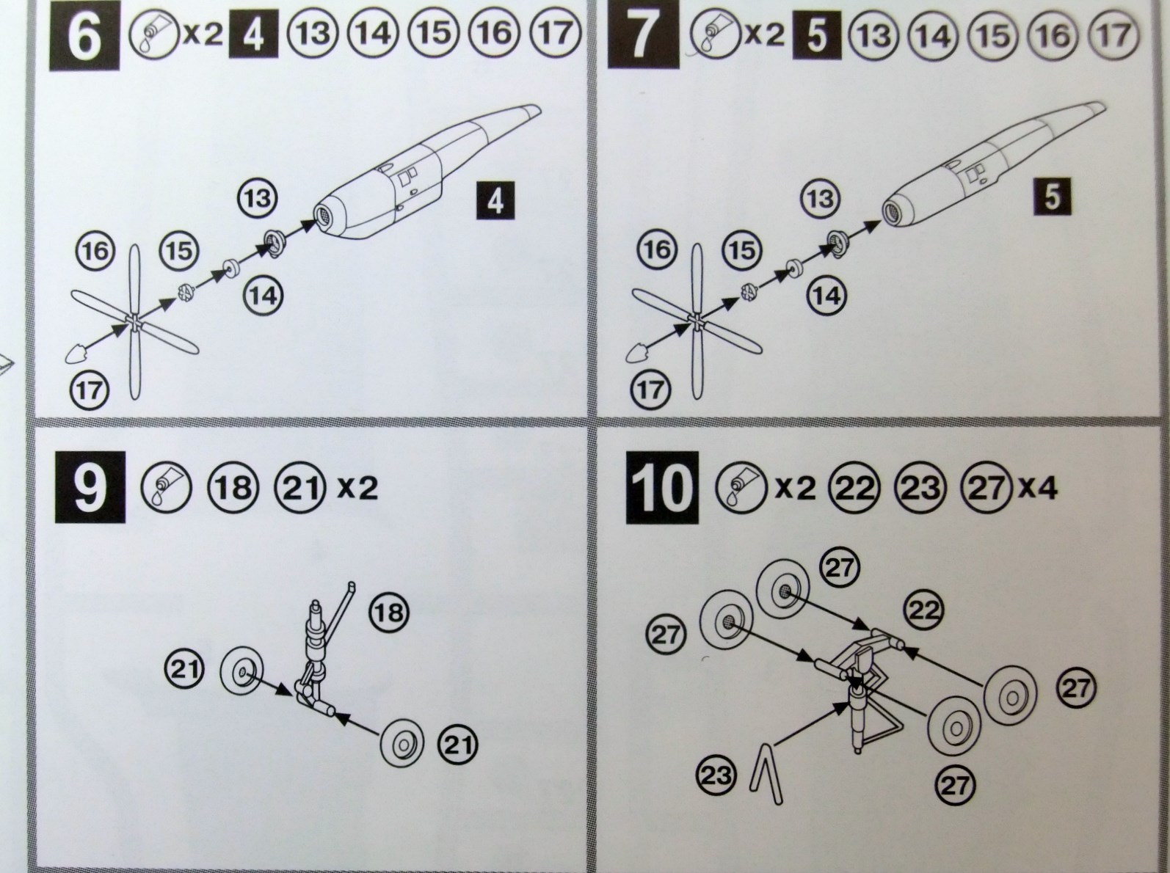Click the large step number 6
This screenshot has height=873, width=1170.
click(x=84, y=36)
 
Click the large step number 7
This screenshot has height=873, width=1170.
click(x=644, y=34)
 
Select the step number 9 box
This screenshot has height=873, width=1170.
click(x=90, y=487)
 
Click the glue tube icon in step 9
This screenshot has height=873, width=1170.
click(x=167, y=486)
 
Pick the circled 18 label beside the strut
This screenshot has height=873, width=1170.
click(x=388, y=613)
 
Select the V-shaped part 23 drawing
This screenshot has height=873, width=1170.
click(x=766, y=774)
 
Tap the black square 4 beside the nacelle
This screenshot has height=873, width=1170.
click(x=495, y=201)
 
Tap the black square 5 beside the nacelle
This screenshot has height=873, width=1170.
click(x=1052, y=196)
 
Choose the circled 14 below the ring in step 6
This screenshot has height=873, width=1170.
click(x=263, y=296)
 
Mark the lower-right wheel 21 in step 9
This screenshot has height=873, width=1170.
click(x=402, y=744)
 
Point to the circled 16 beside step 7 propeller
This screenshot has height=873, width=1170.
click(x=657, y=249)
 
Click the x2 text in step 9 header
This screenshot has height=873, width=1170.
click(x=357, y=487)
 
